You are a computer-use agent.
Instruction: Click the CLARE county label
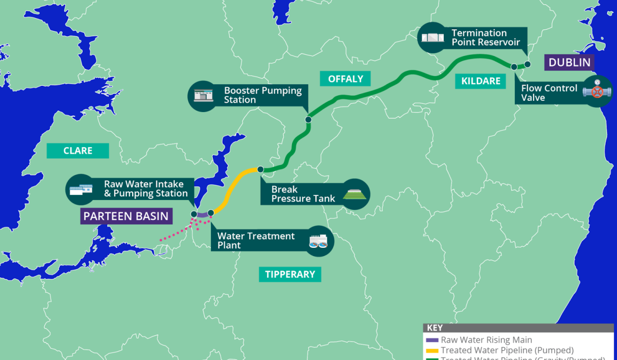point(78,151)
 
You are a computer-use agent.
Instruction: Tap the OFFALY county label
point(346,79)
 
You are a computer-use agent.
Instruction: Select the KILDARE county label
point(481,81)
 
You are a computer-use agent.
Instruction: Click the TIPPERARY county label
point(290,274)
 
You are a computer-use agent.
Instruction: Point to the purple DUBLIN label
point(569,63)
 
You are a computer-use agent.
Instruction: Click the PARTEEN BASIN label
point(126,216)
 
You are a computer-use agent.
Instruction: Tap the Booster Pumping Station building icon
point(204,95)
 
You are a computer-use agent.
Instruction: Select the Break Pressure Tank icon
point(354,194)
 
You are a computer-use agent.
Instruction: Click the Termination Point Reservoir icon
point(433,38)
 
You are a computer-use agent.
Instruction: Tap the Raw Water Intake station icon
point(82,189)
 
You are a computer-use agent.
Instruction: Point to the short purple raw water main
point(202,214)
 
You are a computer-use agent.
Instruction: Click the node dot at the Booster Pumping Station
point(308,120)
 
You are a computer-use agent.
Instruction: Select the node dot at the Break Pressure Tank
point(260,169)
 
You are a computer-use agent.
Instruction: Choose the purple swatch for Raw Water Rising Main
point(432,340)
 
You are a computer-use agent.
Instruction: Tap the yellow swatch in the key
point(432,350)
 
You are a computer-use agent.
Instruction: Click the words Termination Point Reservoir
point(485,38)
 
